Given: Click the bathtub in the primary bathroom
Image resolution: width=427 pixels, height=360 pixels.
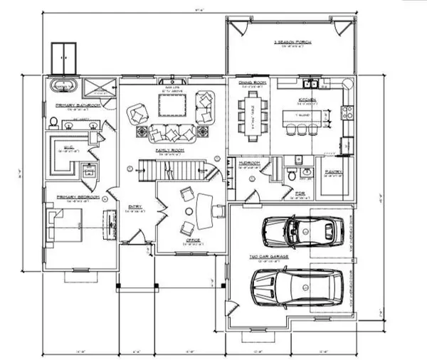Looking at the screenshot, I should pos(63,88).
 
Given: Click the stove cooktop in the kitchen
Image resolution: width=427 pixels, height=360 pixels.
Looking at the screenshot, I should pos(346,111).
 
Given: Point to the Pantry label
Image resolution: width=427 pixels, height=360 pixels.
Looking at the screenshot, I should pos(333,171).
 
